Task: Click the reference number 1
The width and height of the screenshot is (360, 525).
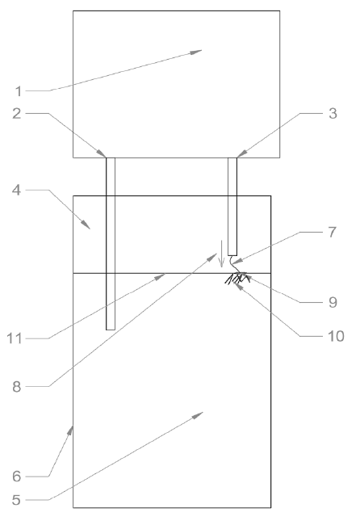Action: click(x=19, y=91)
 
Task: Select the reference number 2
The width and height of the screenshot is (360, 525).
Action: click(x=17, y=114)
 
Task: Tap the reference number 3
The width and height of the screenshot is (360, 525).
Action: click(x=333, y=114)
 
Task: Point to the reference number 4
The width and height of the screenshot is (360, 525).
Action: click(x=16, y=190)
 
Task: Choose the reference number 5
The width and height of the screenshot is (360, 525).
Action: click(x=16, y=500)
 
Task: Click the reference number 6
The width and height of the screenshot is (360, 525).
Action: click(x=17, y=476)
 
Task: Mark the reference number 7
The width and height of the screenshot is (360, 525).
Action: click(x=332, y=232)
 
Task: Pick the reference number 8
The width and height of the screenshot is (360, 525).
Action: click(x=17, y=387)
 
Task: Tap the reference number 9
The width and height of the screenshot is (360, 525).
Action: click(x=333, y=302)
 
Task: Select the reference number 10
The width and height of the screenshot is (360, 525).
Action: click(x=336, y=336)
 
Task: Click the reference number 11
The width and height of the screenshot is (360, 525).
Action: click(x=15, y=338)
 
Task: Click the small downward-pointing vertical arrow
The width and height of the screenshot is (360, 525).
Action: click(x=221, y=254)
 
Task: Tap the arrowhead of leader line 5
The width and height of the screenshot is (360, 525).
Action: click(x=198, y=415)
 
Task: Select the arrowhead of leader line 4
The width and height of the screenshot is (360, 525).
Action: click(x=86, y=225)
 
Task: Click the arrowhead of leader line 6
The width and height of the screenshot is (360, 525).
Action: click(x=70, y=431)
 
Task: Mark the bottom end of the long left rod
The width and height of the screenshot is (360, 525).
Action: click(x=111, y=330)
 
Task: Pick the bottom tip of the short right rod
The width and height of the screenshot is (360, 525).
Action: click(x=232, y=255)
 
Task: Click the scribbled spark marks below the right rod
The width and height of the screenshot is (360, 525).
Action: click(x=237, y=278)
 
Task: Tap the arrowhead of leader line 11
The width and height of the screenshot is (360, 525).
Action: click(x=160, y=275)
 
